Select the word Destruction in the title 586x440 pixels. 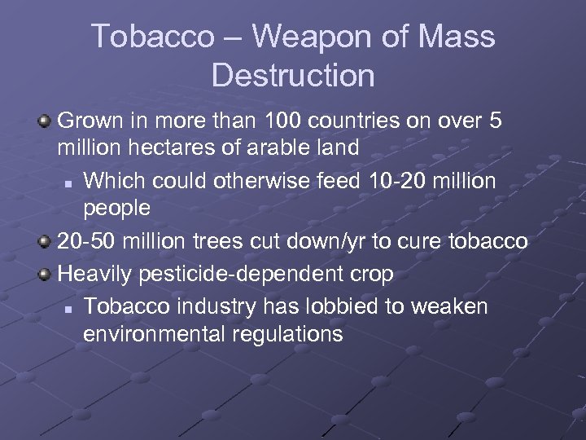(293, 76)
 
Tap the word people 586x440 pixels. (116, 207)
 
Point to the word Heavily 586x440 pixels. (95, 274)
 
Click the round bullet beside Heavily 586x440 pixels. (46, 274)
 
